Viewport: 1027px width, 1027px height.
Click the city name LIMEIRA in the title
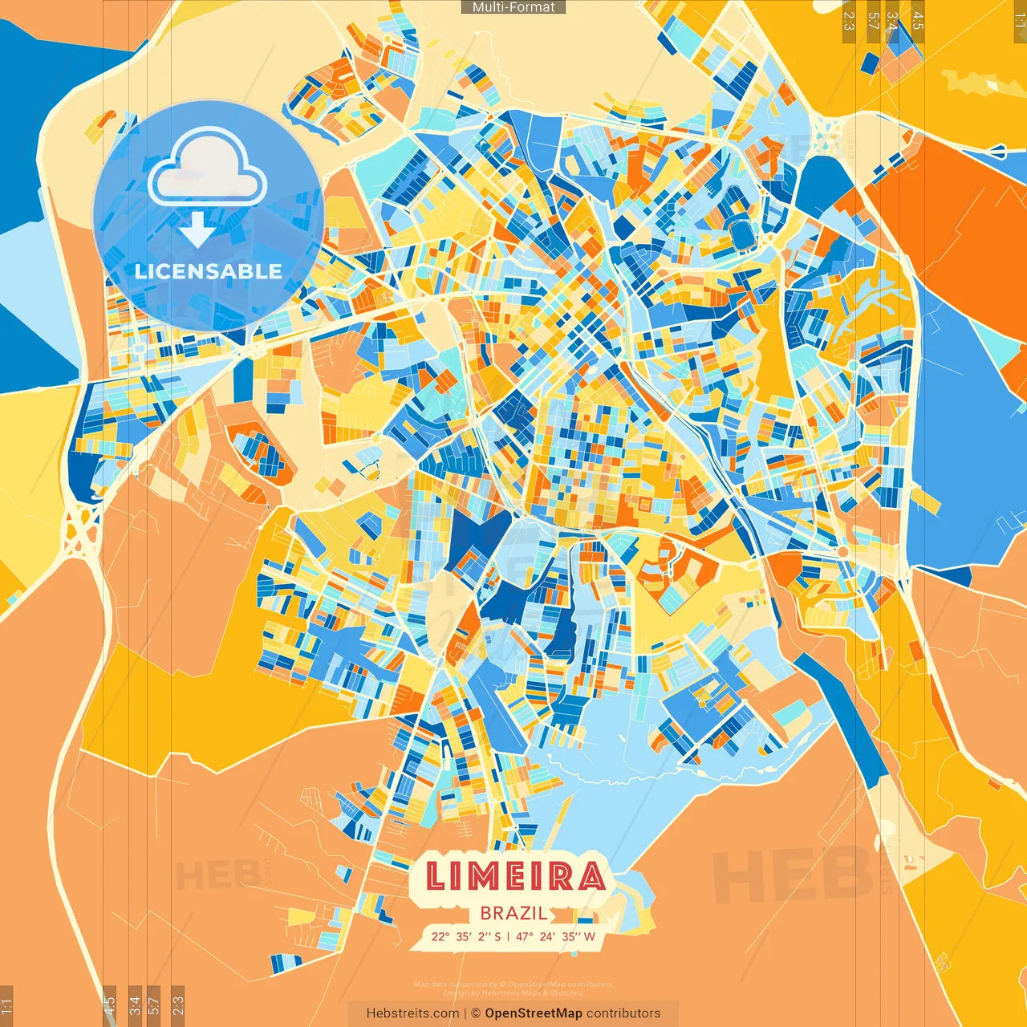[514, 876]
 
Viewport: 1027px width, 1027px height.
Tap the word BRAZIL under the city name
[514, 913]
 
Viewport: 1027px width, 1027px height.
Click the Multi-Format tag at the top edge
[513, 7]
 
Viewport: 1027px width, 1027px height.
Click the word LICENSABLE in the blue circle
[209, 271]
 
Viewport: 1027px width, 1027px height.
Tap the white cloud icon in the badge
[208, 168]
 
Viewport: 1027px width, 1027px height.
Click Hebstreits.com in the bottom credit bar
[412, 1013]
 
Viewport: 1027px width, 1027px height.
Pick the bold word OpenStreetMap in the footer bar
[534, 1013]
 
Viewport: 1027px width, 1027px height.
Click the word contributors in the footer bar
[623, 1013]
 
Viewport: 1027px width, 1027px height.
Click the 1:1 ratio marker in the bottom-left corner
[6, 1005]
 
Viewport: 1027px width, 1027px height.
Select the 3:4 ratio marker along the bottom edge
[135, 1005]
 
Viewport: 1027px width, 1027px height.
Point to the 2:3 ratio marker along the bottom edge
[178, 1005]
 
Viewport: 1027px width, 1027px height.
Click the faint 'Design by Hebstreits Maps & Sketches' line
[513, 992]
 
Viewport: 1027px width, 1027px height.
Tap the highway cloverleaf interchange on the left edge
[81, 530]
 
